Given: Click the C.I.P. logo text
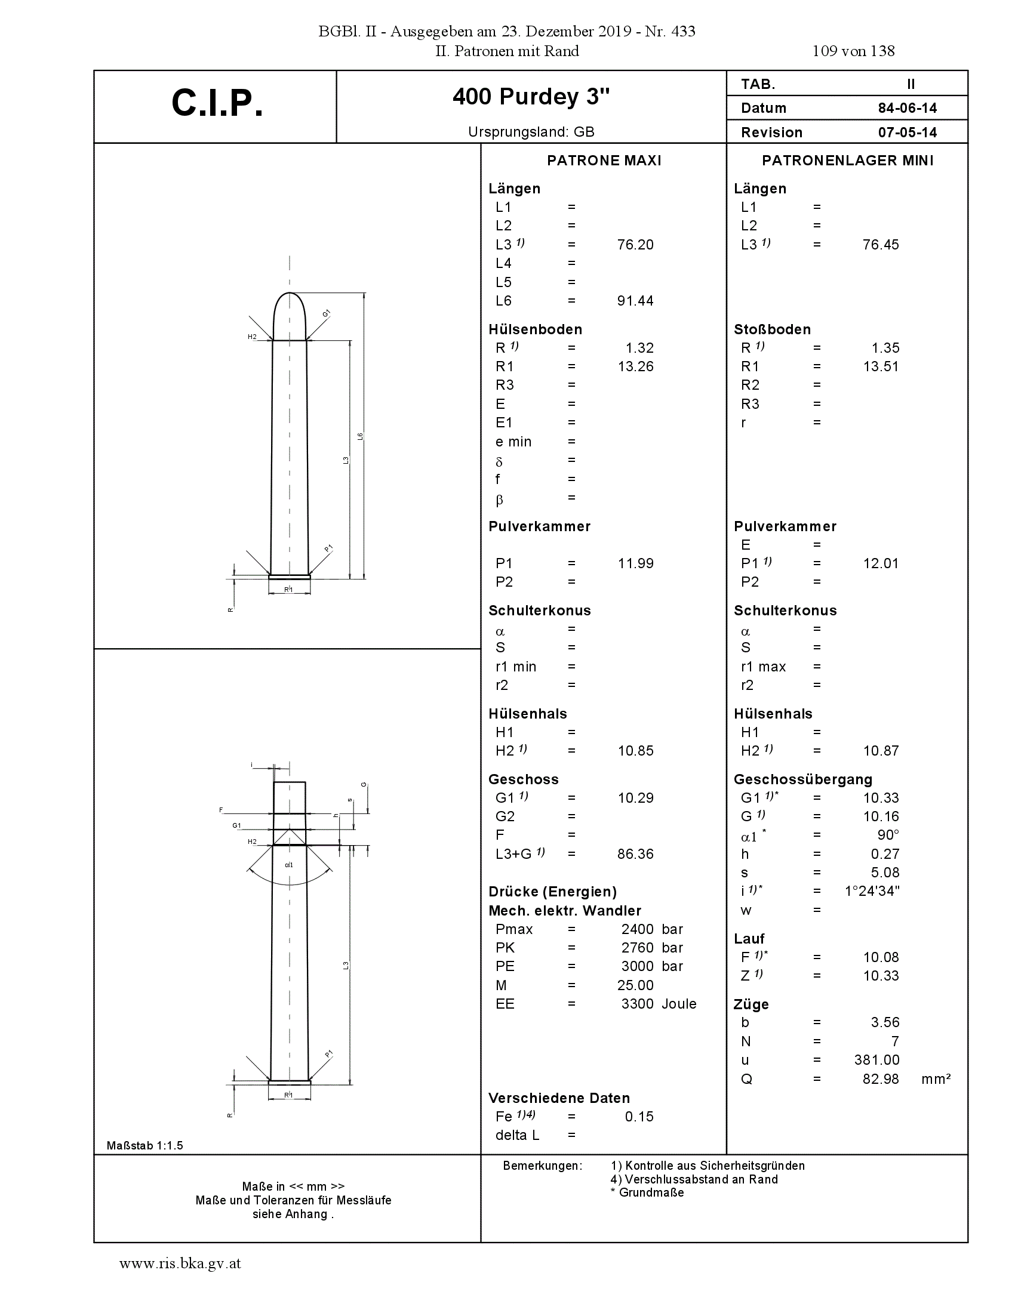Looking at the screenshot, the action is pos(217,103).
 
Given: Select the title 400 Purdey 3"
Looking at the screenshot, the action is pos(531,97).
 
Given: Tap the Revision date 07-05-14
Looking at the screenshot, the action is pos(907,132).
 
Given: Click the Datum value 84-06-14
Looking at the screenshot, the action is pos(907,108).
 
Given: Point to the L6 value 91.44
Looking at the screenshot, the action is pos(635,301).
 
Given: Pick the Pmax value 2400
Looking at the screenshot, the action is pos(638,929).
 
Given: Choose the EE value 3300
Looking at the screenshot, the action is pos(638,1003).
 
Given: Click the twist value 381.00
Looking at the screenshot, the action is pos(876,1060).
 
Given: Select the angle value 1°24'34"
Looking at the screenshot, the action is pos(872,890).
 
